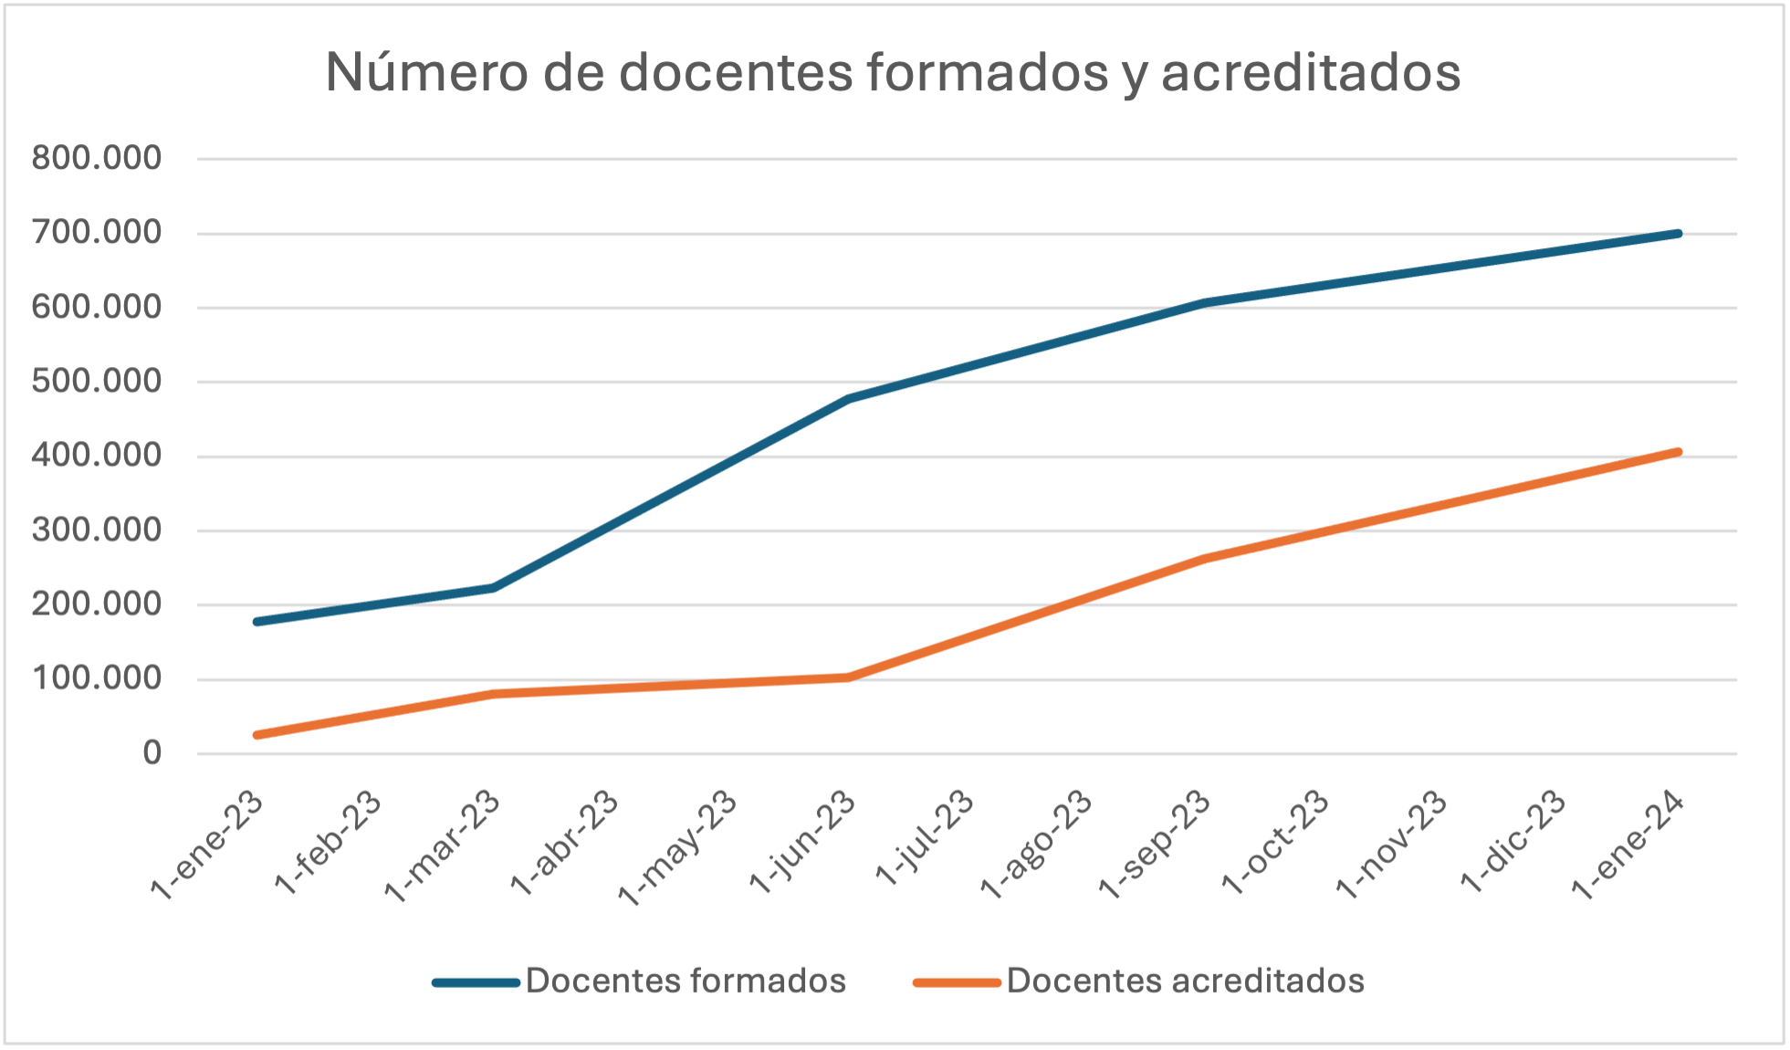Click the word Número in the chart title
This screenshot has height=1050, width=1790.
(x=426, y=72)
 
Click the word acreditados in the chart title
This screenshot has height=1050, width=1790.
(x=1311, y=72)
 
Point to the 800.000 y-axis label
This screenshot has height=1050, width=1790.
(x=97, y=158)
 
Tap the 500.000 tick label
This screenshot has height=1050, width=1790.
(x=97, y=382)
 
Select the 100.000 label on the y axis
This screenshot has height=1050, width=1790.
(x=97, y=678)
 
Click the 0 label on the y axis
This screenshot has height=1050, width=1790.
(x=152, y=753)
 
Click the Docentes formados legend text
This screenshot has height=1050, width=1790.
(x=686, y=981)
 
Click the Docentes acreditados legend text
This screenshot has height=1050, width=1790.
(x=1185, y=981)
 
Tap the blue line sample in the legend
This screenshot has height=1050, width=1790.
(x=476, y=982)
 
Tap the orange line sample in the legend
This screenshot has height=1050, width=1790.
(x=957, y=982)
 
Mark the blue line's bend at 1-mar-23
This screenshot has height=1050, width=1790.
(x=494, y=587)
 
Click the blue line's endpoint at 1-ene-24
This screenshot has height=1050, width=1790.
(x=1678, y=234)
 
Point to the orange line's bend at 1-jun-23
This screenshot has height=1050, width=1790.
(x=848, y=677)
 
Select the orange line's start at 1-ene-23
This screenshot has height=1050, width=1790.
(x=257, y=734)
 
